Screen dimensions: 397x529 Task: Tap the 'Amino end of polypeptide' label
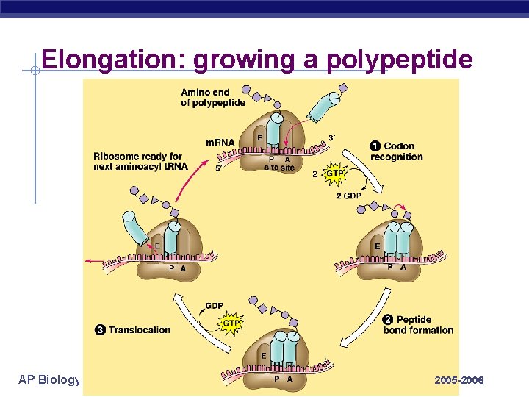[213, 97]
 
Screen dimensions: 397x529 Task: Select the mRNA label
[220, 142]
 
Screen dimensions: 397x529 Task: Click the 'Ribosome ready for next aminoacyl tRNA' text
[137, 162]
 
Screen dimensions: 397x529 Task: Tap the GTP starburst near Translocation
[231, 323]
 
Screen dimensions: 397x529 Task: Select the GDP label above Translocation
[214, 306]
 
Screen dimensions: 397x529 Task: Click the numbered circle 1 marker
[375, 146]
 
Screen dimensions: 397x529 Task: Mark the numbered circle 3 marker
[100, 330]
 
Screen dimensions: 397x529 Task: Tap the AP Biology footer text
[49, 379]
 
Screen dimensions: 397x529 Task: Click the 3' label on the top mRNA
[332, 137]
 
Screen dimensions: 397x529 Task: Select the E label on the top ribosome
[259, 137]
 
